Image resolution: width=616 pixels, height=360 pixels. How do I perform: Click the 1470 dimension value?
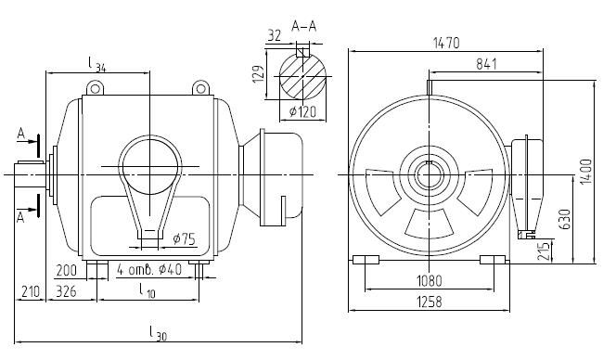[446, 43]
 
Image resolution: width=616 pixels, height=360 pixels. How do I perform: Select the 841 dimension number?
[486, 64]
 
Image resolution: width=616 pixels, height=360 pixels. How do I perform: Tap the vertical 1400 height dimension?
[585, 172]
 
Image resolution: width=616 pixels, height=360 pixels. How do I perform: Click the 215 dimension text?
[544, 251]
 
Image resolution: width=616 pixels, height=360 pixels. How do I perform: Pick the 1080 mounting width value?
[429, 281]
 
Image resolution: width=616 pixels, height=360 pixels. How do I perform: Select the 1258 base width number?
[429, 302]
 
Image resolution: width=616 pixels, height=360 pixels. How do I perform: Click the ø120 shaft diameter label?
[302, 112]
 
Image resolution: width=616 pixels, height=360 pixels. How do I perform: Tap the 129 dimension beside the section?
[258, 74]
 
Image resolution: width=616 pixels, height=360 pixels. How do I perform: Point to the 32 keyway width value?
[275, 35]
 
